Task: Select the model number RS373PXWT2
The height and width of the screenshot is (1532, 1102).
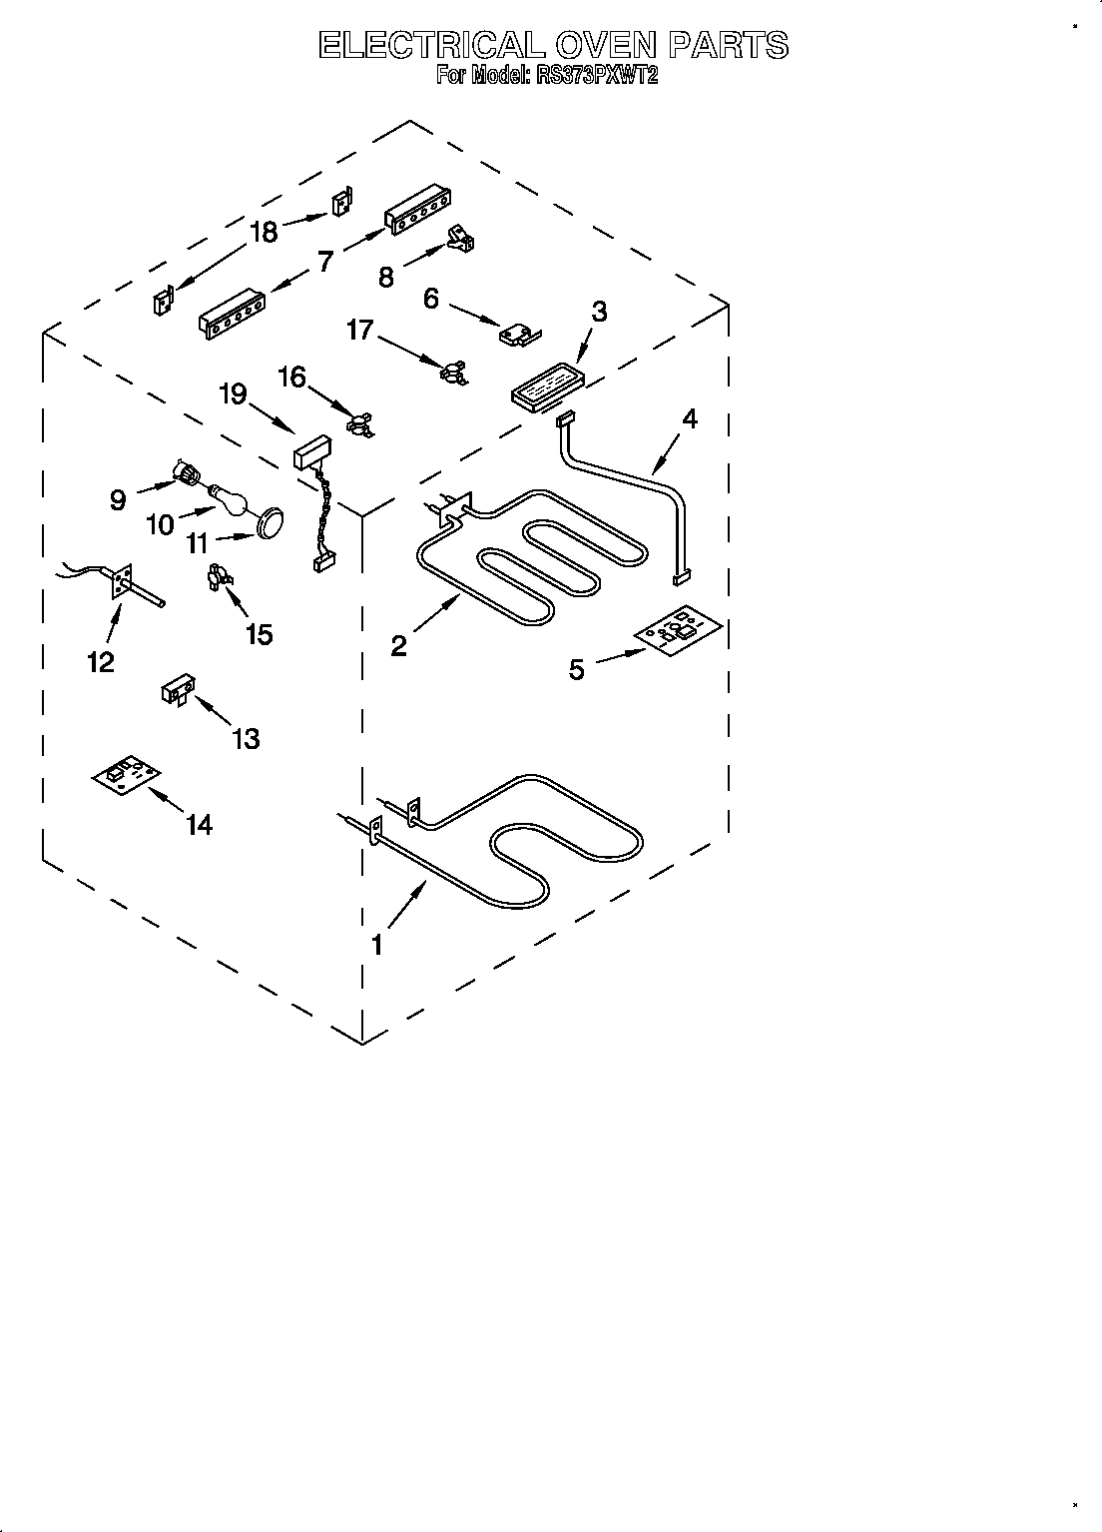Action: coord(597,75)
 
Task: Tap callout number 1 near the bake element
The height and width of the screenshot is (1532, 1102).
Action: coord(376,944)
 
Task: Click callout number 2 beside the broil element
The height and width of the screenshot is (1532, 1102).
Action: coord(399,646)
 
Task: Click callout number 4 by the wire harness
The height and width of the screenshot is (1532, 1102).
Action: coord(688,418)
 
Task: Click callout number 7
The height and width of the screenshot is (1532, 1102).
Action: coord(324,263)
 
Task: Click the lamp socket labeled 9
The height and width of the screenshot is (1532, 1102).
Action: coord(186,471)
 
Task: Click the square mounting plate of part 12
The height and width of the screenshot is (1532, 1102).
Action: coord(122,585)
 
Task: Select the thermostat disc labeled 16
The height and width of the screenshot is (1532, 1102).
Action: coord(358,423)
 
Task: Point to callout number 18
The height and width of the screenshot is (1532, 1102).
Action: coord(264,233)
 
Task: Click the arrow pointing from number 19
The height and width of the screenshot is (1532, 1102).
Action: coord(272,415)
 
